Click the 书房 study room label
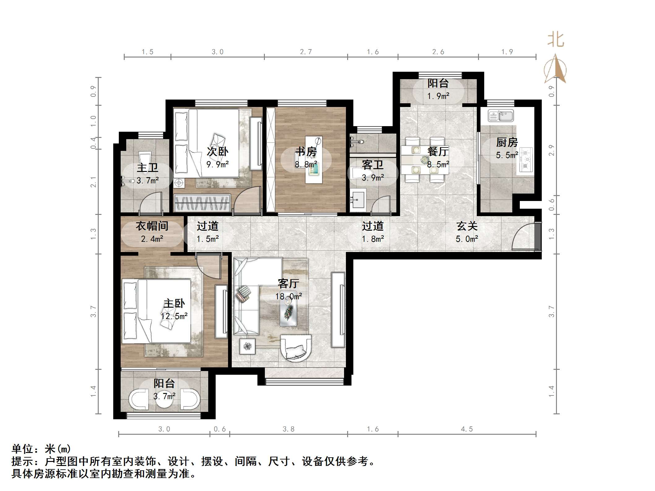(306, 152)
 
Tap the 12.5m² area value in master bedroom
(174, 316)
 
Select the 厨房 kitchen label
(507, 142)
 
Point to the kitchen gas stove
(526, 160)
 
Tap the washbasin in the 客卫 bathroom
(358, 199)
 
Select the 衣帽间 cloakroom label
(152, 226)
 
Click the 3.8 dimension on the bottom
(288, 429)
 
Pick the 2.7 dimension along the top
(306, 52)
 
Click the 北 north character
(556, 40)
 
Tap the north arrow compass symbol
(555, 70)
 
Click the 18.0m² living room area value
(288, 297)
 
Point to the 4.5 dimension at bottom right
(467, 429)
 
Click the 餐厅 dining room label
(438, 152)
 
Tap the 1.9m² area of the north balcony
(438, 96)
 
